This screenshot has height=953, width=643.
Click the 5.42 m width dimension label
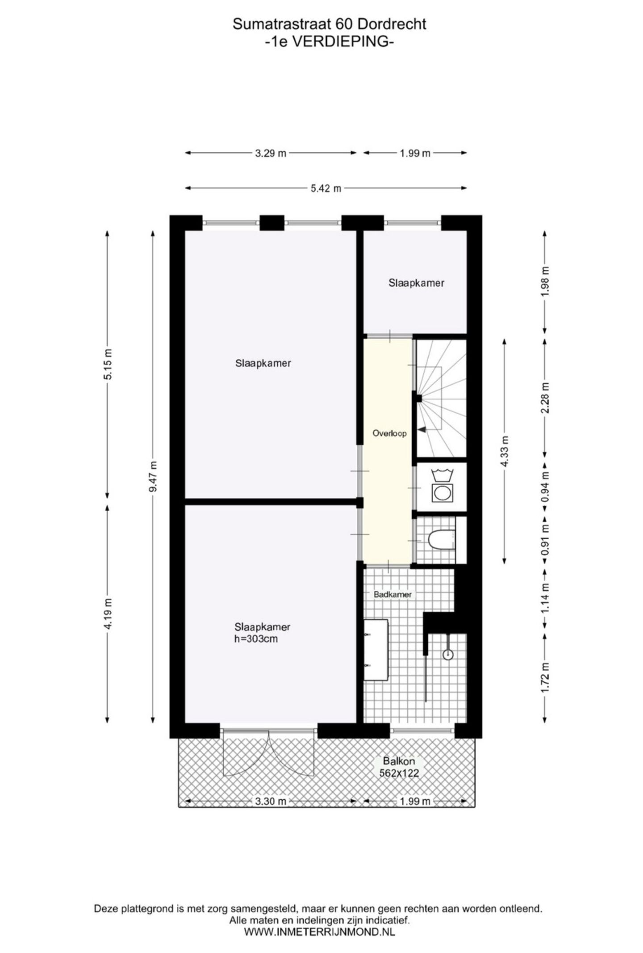[326, 189]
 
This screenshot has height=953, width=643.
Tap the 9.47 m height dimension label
[153, 476]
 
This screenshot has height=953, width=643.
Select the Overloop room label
[389, 433]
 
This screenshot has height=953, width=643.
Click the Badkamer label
[392, 595]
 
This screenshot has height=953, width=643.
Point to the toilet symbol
[440, 540]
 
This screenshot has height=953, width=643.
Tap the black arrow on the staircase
[422, 429]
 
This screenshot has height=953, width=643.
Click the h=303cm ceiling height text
[256, 639]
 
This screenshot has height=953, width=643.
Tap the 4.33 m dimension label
[505, 451]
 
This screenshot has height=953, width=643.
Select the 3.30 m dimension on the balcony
[270, 801]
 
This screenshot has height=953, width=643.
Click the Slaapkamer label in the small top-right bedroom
[416, 283]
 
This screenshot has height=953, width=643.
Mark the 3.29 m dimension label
[270, 153]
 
